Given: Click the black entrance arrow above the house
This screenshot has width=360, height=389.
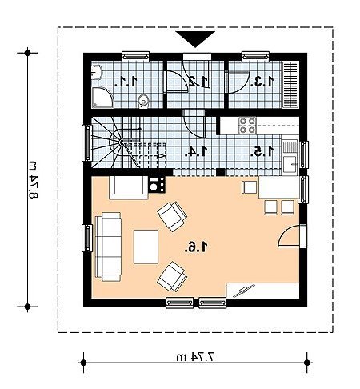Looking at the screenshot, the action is (x=195, y=38).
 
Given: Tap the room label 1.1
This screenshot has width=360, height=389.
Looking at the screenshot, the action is (x=126, y=81).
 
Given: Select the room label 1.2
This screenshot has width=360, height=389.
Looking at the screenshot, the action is (x=198, y=81).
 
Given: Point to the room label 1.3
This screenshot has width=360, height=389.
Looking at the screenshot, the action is (x=262, y=81).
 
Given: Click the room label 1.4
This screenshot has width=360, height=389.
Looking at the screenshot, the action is (x=196, y=151).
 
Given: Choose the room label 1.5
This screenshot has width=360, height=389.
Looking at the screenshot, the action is (x=262, y=151).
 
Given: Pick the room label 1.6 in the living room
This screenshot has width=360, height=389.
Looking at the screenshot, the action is (x=196, y=247).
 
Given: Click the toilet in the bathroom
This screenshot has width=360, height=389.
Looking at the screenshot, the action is (x=143, y=102).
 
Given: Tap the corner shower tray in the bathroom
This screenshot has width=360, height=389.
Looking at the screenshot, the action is (x=102, y=98).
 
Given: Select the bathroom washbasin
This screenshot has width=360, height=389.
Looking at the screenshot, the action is (x=97, y=72).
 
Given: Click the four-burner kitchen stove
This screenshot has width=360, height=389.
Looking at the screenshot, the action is (x=247, y=126).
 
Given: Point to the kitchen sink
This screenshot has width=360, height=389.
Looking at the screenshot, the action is (x=290, y=158).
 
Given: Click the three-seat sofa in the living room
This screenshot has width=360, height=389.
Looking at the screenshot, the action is (x=108, y=247).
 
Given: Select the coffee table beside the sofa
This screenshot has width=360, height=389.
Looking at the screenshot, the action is (x=146, y=247).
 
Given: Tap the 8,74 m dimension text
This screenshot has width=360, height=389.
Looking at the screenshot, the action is (x=33, y=180).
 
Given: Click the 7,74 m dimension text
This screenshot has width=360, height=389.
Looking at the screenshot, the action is (x=195, y=357).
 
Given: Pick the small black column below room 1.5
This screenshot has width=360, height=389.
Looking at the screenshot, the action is (x=221, y=172).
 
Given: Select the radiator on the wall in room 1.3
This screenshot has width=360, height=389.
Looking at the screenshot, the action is (x=290, y=85).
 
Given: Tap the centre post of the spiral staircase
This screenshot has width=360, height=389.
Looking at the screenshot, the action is (x=122, y=142).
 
